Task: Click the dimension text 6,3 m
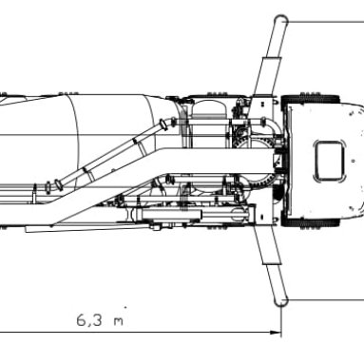(100, 320)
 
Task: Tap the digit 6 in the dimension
(81, 320)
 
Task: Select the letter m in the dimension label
(118, 321)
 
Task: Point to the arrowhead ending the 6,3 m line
(275, 333)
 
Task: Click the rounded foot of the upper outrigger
(280, 21)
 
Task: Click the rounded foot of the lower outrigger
(281, 300)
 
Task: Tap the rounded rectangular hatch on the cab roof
(329, 161)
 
